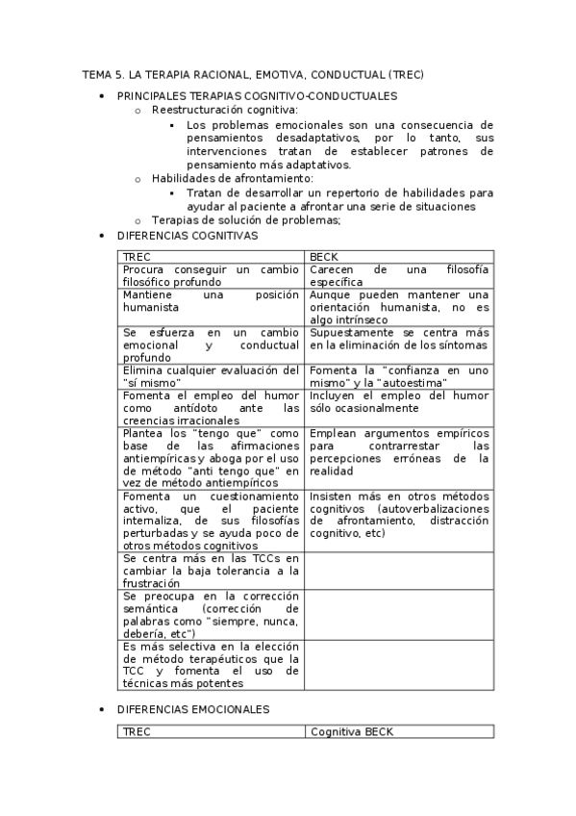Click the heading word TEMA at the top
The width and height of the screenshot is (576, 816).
[x=96, y=74]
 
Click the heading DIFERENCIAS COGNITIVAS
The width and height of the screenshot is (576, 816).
[x=187, y=235]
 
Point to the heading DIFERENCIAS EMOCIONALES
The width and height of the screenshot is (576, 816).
[x=192, y=709]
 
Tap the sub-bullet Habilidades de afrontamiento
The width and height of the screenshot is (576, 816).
[x=219, y=179]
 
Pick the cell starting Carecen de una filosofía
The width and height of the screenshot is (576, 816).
[x=398, y=276]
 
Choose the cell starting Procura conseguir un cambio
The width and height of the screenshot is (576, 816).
[x=212, y=276]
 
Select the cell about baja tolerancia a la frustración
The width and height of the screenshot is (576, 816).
[x=212, y=571]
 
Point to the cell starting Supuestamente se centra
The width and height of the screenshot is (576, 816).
[x=398, y=339]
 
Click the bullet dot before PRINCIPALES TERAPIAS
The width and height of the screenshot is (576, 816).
[x=102, y=97]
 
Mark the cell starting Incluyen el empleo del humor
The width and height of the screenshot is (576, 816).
[x=398, y=401]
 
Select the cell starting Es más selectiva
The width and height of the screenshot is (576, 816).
[x=212, y=665]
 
